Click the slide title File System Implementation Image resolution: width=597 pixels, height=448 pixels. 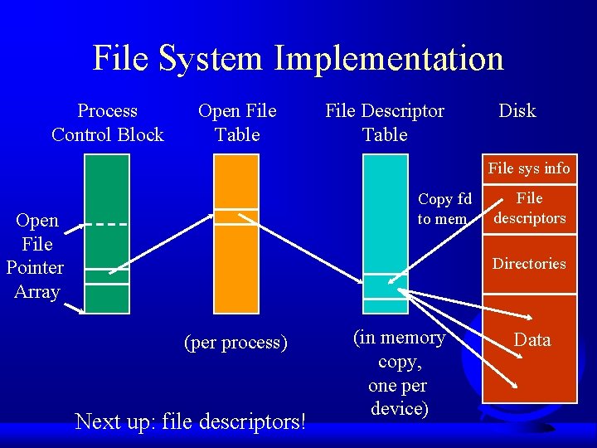click(x=298, y=59)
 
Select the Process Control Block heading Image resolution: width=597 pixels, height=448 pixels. click(x=108, y=123)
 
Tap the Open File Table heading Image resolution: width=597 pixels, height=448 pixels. click(x=237, y=123)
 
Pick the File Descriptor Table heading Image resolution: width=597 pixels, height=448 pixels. click(x=385, y=123)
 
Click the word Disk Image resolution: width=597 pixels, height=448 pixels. click(x=517, y=111)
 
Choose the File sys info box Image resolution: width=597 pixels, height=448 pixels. click(x=529, y=168)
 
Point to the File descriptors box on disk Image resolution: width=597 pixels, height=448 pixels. click(x=529, y=208)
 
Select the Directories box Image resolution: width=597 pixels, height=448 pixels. click(x=529, y=264)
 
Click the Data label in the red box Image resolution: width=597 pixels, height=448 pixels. click(x=531, y=339)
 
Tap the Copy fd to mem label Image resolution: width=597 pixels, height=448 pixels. click(x=444, y=209)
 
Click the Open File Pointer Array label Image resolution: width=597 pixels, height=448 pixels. click(x=36, y=256)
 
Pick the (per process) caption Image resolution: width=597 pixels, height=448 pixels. click(x=236, y=342)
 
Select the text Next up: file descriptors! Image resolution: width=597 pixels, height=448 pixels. click(x=191, y=421)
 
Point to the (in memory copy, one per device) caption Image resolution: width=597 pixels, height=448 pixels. click(x=399, y=373)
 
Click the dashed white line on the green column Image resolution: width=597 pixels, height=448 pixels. click(x=107, y=224)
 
